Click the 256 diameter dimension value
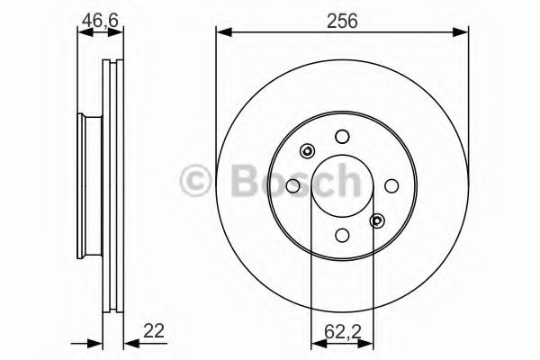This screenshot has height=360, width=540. pos(343,21)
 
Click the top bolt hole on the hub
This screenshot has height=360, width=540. pos(341,137)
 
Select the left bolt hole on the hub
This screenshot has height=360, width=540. pos(292,185)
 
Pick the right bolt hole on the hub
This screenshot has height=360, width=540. pos(391,185)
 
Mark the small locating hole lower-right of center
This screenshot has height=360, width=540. pos(376,220)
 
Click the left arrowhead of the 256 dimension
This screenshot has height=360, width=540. pos(220,33)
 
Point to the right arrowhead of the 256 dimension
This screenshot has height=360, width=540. pos(463,33)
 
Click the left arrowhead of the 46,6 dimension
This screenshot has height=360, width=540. pos(82,33)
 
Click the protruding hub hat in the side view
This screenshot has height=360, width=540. pos(88,185)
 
